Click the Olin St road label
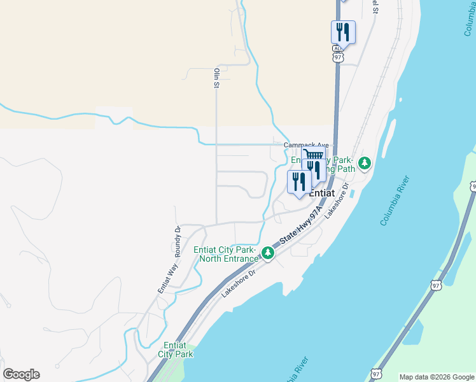tap(217, 78)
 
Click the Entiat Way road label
tap(164, 278)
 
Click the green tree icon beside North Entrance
tap(268, 254)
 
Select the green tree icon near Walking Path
tap(365, 164)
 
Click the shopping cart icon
tap(313, 155)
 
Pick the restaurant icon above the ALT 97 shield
tap(343, 31)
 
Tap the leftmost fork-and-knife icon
tap(298, 181)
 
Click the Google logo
tap(21, 374)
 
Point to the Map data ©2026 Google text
tap(436, 377)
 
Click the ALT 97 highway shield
tap(337, 53)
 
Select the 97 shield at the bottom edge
tap(377, 374)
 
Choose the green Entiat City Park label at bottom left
tap(175, 350)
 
